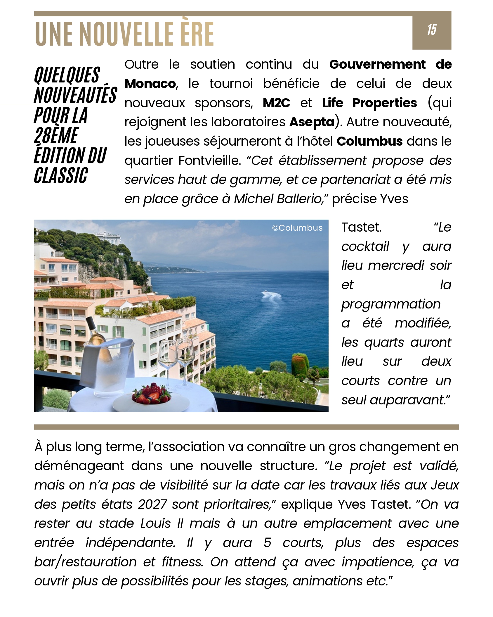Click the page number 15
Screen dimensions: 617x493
click(x=432, y=30)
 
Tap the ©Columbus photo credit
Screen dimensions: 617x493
click(x=297, y=228)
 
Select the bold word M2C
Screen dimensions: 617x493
click(x=276, y=103)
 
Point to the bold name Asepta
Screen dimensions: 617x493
click(x=312, y=122)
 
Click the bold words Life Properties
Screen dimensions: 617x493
click(x=369, y=103)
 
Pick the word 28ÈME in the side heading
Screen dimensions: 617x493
click(x=56, y=136)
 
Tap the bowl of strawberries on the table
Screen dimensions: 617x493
click(x=151, y=393)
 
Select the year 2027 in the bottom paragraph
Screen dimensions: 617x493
click(x=152, y=504)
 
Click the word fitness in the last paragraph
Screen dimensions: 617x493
click(x=182, y=562)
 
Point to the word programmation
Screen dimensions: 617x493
click(x=391, y=304)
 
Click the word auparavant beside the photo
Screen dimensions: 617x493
click(x=406, y=400)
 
